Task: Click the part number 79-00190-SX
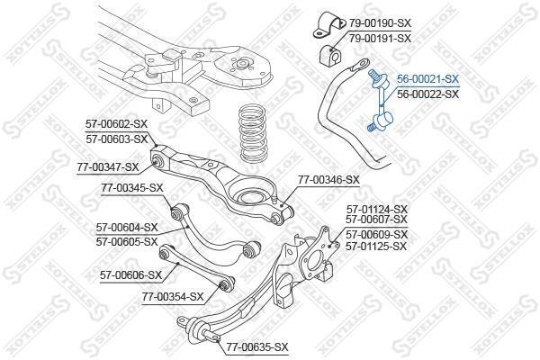click(x=380, y=23)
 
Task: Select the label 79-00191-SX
click(x=380, y=38)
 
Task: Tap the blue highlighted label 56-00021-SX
click(x=427, y=79)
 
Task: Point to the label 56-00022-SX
click(x=427, y=94)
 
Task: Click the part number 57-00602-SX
click(x=116, y=123)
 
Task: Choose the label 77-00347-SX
click(x=108, y=167)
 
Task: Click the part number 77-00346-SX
click(x=328, y=179)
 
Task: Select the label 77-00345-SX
click(x=132, y=188)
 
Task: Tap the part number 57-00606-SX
click(x=130, y=274)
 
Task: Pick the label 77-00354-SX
click(x=173, y=296)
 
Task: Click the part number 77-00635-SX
click(x=256, y=346)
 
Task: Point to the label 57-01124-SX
click(x=377, y=209)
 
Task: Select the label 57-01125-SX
click(x=377, y=247)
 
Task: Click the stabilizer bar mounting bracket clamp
click(x=329, y=25)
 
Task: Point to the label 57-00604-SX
click(x=127, y=228)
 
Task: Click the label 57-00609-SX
click(x=377, y=234)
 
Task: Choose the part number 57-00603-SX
click(x=116, y=139)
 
